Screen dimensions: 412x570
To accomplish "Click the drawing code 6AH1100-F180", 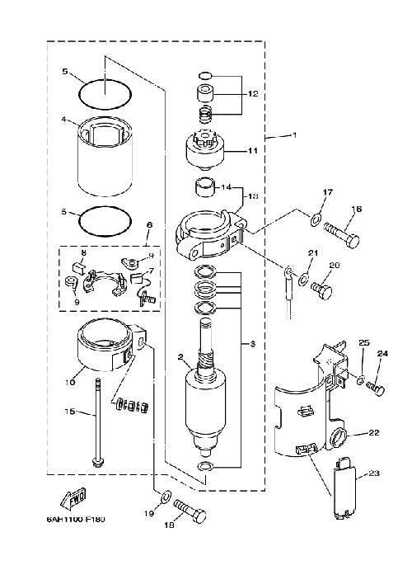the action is (76, 519).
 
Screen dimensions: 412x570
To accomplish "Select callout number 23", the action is (373, 473).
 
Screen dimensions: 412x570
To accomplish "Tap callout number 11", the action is (253, 150).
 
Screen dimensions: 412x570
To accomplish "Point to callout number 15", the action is (70, 411).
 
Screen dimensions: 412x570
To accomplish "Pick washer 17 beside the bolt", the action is (315, 219).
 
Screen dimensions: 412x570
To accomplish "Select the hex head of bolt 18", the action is (199, 516).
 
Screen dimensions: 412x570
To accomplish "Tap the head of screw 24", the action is (379, 390).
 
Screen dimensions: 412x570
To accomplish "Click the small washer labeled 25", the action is (360, 380).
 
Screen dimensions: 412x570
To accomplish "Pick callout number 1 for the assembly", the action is (294, 134).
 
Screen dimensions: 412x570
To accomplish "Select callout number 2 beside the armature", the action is (180, 356).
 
